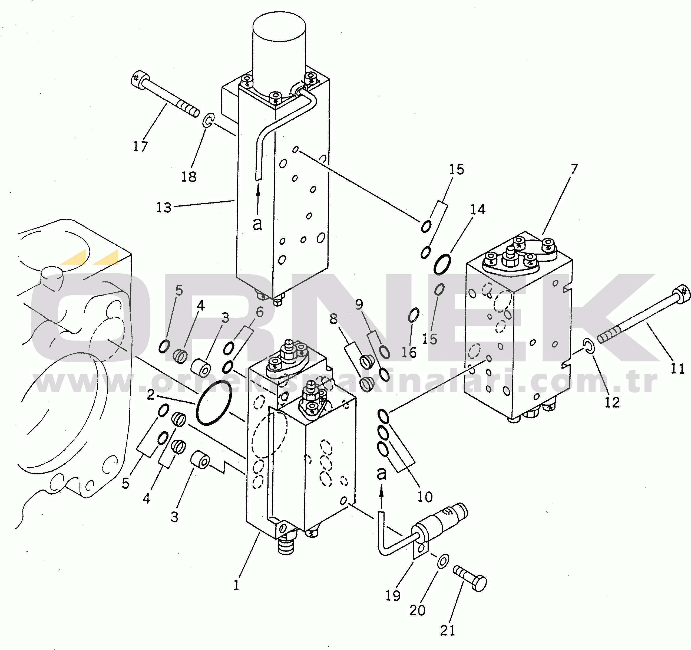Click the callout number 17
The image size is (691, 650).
140,146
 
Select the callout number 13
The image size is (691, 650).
164,208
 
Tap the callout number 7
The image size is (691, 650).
574,169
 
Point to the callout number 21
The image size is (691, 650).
447,631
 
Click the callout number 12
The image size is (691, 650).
612,402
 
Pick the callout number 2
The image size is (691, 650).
150,395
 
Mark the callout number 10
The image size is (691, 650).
425,497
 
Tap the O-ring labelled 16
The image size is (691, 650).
414,315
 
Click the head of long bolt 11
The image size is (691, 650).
682,294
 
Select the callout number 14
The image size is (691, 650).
478,209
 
